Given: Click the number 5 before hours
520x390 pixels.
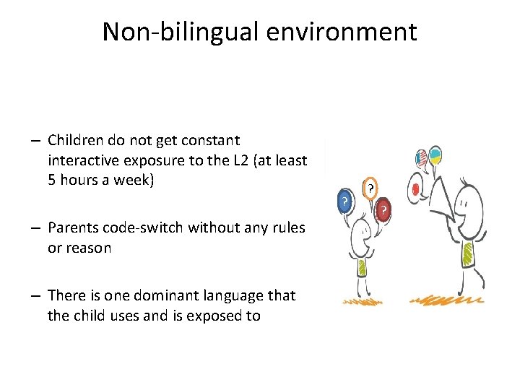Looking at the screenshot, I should coord(52,180).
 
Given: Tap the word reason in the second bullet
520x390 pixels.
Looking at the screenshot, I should coord(87,248).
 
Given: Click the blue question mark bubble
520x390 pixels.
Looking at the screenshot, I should coord(347,201).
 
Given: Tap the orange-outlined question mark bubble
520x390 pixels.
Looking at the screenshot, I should coord(370,188).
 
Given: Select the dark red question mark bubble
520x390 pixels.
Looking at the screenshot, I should coord(384,209).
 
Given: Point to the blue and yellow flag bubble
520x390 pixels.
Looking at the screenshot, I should coord(436,155).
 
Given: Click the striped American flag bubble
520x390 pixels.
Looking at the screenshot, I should coord(422,158).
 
